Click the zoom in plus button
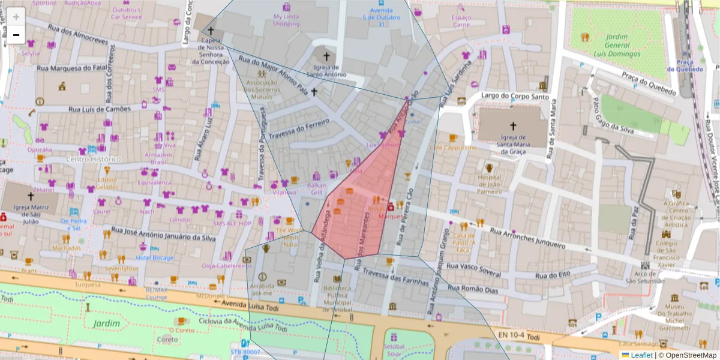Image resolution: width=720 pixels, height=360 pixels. (x=16, y=17)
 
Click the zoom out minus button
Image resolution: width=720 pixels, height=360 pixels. (x=16, y=35)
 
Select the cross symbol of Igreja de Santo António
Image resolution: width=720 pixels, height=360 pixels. (x=326, y=56)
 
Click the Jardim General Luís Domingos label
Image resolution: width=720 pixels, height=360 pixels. (x=616, y=45)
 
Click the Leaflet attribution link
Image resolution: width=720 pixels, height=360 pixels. (x=641, y=355)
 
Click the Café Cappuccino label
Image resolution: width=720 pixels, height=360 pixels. (x=453, y=148)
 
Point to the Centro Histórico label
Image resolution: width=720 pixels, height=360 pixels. (x=93, y=160)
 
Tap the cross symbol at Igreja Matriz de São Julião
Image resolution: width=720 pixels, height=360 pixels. (x=31, y=196)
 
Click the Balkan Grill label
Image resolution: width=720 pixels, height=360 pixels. (x=316, y=189)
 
